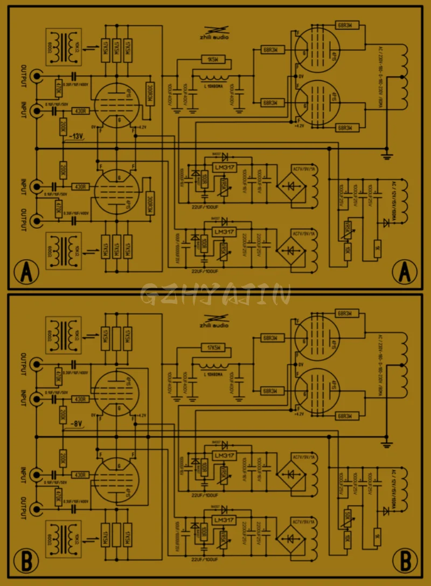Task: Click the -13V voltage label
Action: click(x=75, y=136)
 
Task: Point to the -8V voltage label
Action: click(x=75, y=424)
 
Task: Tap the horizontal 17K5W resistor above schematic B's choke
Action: click(x=214, y=347)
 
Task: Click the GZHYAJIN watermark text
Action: click(x=215, y=294)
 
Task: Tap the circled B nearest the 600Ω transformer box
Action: click(x=26, y=560)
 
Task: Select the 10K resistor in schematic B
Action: click(x=347, y=536)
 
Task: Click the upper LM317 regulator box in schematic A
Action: click(x=225, y=168)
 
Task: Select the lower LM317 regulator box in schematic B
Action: click(x=225, y=520)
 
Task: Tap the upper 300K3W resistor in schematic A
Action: click(x=150, y=95)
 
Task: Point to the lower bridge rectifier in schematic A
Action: click(x=291, y=250)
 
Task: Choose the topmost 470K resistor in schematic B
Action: click(x=59, y=374)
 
